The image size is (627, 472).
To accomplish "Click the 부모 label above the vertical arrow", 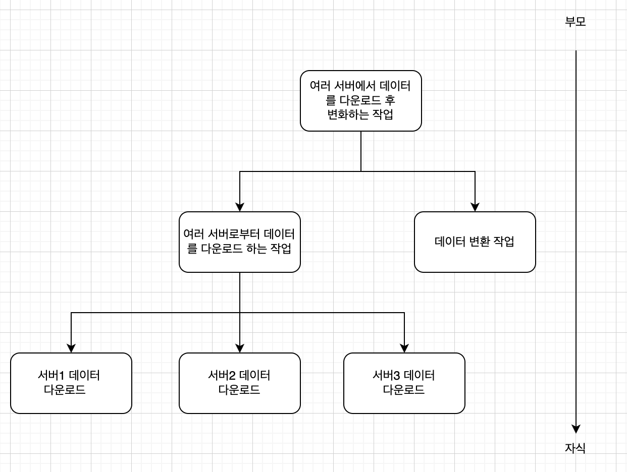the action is (x=576, y=22).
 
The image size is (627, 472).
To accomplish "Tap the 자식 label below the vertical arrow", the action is (x=576, y=448).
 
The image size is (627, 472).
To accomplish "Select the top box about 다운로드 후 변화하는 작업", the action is (x=360, y=101).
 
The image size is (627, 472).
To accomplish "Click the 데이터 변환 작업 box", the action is (x=475, y=242).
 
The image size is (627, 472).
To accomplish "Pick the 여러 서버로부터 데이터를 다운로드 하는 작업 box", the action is (x=239, y=242).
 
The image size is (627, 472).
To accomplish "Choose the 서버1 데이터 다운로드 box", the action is (x=71, y=383).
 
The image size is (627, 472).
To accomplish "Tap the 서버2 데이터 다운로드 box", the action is (x=239, y=383).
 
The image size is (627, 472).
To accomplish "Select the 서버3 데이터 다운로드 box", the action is (x=404, y=383).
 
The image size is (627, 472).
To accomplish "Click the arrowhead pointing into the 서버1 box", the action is (x=71, y=348).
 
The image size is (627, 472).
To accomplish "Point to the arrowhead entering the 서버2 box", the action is (x=240, y=348).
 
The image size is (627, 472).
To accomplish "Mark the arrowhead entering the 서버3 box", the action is (x=404, y=348).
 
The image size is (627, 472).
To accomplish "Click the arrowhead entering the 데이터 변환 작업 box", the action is (x=475, y=207).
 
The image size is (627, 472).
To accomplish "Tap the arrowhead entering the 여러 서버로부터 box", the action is (x=240, y=207).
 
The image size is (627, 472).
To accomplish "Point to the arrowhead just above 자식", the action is (x=576, y=429).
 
